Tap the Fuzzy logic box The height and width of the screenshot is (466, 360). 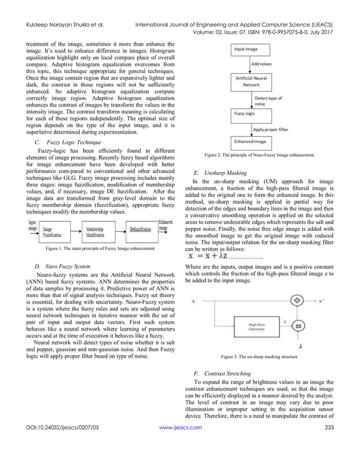[x=244, y=112]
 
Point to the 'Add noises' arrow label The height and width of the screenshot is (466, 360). [x=261, y=64]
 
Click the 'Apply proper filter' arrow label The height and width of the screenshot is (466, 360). [x=271, y=129]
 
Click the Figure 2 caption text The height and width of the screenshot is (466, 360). [x=259, y=155]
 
